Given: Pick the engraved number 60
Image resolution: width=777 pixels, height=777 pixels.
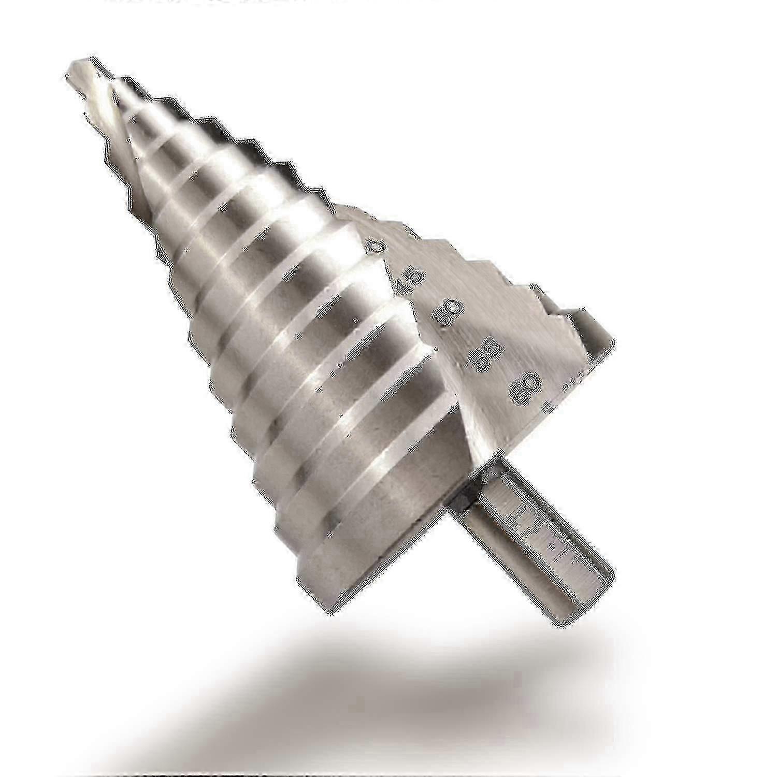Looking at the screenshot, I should click(x=524, y=388).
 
